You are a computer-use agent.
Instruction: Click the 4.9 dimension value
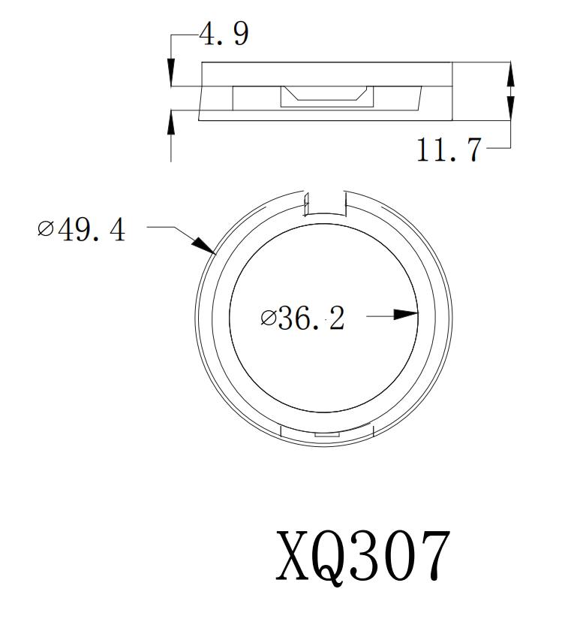224,35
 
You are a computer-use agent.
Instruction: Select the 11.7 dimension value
449,151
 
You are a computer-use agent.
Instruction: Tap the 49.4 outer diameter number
92,229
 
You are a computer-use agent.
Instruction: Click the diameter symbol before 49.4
46,228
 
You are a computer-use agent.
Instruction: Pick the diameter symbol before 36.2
268,319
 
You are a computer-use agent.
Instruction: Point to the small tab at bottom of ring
326,434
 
